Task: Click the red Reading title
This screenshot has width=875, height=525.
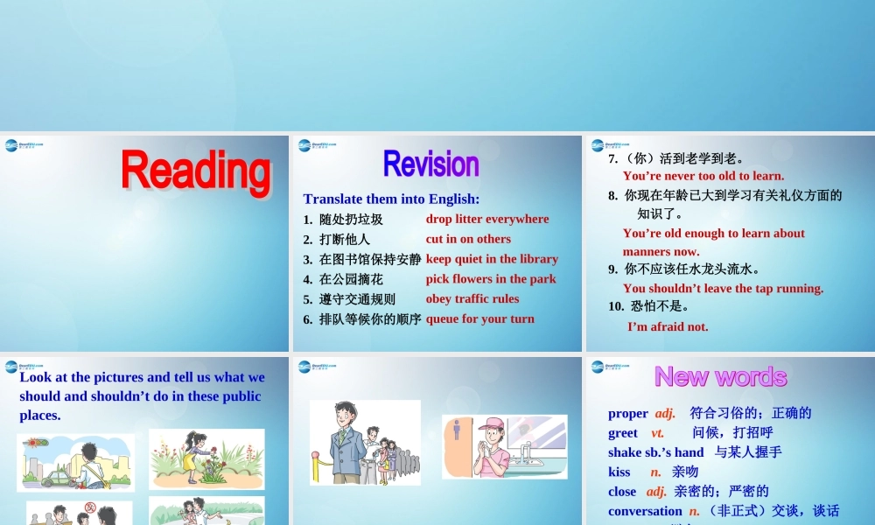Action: pos(196,171)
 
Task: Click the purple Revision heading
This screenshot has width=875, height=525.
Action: pos(431,164)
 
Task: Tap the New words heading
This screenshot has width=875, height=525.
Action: pos(720,376)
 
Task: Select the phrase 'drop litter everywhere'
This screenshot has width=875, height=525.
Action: pos(487,219)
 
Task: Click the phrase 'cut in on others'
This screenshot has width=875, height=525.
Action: pos(468,239)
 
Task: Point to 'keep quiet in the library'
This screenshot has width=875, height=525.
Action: pos(492,259)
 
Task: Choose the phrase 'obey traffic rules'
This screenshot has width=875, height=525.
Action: pos(472,298)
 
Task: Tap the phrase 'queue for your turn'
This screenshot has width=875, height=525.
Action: pos(480,318)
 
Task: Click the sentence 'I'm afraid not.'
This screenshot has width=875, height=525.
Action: pos(668,326)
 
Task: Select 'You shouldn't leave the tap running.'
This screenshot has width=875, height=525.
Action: pos(723,288)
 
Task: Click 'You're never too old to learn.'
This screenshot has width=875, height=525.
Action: pos(703,176)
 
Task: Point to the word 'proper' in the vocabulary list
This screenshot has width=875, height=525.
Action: pos(628,413)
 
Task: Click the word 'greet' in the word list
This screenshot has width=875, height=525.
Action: pos(623,432)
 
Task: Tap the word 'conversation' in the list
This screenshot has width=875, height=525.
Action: pos(645,511)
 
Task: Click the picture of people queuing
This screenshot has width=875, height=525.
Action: pos(365,442)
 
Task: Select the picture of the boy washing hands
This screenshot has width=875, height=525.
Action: pos(504,446)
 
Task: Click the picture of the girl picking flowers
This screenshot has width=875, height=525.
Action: pos(206,458)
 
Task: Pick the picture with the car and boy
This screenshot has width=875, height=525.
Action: pos(76,462)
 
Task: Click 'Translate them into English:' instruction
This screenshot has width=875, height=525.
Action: pos(391,199)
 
